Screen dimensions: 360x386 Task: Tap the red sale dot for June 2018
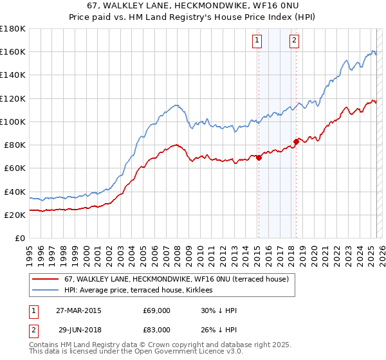coord(296,141)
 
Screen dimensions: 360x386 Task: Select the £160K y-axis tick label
coord(12,51)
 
